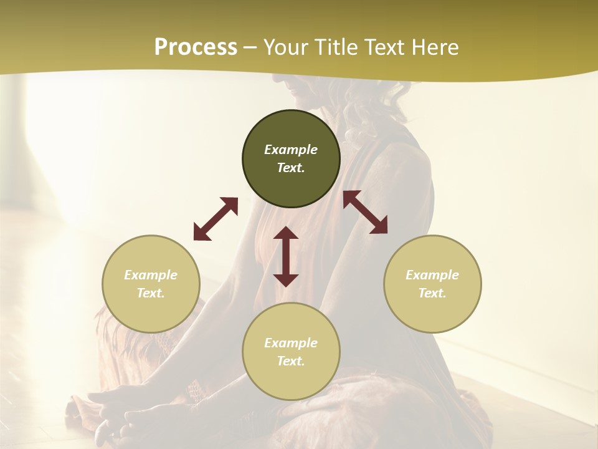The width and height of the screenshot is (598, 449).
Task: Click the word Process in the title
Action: [196, 47]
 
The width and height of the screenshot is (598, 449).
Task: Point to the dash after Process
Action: [250, 48]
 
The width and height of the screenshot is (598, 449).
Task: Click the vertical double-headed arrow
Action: [286, 256]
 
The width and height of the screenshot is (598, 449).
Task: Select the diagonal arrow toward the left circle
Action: [216, 219]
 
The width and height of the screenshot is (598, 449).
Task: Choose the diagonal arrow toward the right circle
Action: [365, 212]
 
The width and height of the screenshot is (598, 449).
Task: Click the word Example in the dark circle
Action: [291, 150]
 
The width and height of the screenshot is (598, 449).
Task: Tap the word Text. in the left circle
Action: [151, 293]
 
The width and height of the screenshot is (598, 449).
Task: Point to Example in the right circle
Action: [432, 275]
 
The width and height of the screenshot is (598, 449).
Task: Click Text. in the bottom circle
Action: [291, 361]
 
